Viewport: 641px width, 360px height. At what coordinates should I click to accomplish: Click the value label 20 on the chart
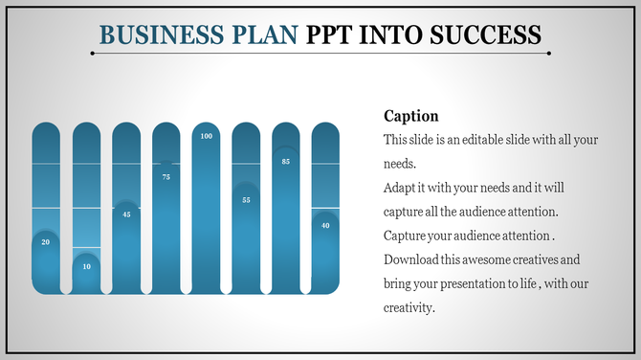tap(46, 242)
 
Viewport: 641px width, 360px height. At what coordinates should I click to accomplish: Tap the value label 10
tap(86, 265)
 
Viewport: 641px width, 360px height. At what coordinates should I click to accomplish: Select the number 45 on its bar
tap(126, 214)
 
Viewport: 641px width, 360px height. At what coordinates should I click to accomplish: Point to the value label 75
tap(166, 176)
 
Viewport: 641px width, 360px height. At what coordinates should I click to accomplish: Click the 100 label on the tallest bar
tap(207, 137)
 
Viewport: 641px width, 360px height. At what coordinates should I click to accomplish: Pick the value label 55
tap(246, 199)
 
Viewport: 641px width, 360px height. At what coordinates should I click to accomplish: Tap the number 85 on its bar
tap(286, 162)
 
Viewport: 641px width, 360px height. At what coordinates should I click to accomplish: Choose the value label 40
tap(326, 225)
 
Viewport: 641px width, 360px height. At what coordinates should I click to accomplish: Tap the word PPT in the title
tap(330, 35)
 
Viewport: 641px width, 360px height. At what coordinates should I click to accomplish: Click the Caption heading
tap(410, 116)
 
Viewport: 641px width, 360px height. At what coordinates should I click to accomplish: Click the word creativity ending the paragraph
tap(409, 307)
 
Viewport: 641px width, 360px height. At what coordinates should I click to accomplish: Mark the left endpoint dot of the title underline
tap(92, 54)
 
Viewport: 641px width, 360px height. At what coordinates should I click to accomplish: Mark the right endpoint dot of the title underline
tap(548, 54)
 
